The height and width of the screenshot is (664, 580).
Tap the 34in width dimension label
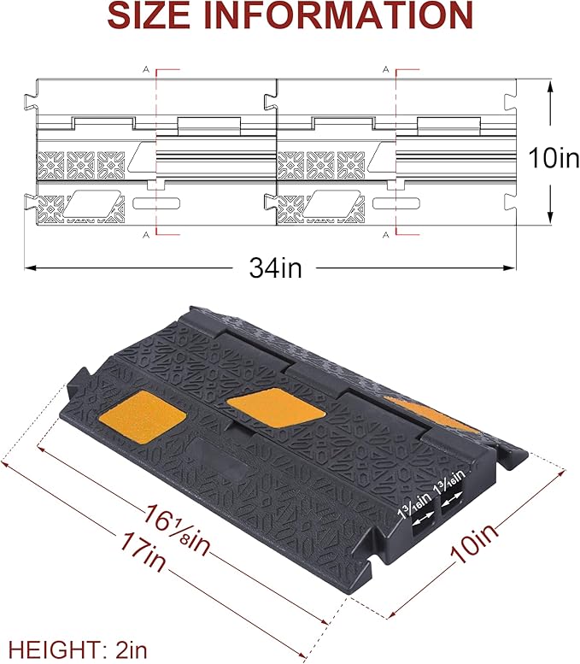click(x=276, y=267)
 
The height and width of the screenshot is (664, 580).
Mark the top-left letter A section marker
click(x=146, y=68)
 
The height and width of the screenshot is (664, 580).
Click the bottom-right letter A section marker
click(x=387, y=233)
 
